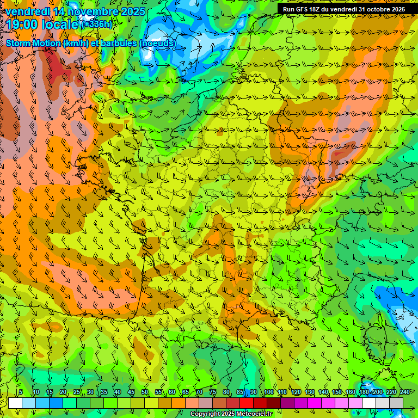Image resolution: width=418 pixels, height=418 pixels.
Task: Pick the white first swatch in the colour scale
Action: [x=15, y=403]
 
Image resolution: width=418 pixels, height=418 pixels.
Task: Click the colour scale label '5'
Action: [x=21, y=392]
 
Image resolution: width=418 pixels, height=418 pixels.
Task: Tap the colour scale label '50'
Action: [x=144, y=392]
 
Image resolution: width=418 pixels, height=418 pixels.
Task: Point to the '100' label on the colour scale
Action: [x=268, y=392]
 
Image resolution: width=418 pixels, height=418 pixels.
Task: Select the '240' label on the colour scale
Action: [x=405, y=392]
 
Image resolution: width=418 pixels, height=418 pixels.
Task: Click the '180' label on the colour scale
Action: [x=364, y=392]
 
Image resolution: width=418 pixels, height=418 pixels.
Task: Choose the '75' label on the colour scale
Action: [x=212, y=392]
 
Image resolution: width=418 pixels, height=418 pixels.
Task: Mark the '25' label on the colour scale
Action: [x=76, y=392]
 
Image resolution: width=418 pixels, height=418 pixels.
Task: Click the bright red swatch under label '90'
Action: [x=260, y=403]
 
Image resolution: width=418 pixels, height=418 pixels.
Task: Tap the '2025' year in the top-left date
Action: [x=133, y=11]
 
